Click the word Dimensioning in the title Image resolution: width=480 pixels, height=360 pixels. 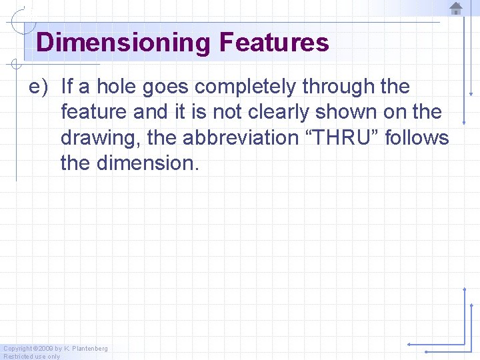pos(123,43)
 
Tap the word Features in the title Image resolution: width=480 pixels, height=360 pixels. pos(273,43)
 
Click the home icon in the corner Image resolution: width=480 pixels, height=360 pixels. pos(456,9)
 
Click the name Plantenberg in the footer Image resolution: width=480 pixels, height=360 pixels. pos(89,349)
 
